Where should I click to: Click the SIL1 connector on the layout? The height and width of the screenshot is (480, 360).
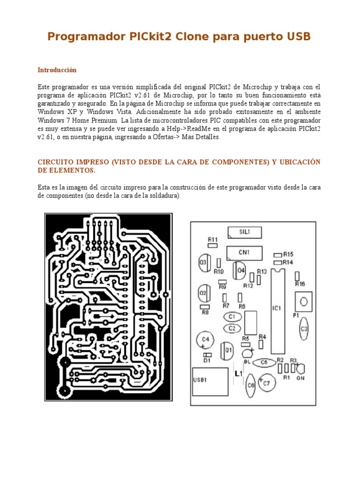pos(244,232)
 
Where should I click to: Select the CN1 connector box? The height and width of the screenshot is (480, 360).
pos(244,252)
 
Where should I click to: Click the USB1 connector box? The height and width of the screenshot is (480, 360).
pos(209,382)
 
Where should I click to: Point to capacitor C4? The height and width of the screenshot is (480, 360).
pos(205,340)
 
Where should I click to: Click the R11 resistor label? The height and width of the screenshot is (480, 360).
pos(213,239)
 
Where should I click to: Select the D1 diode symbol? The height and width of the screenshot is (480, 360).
pos(208,355)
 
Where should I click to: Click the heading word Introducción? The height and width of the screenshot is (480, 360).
pos(57,70)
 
